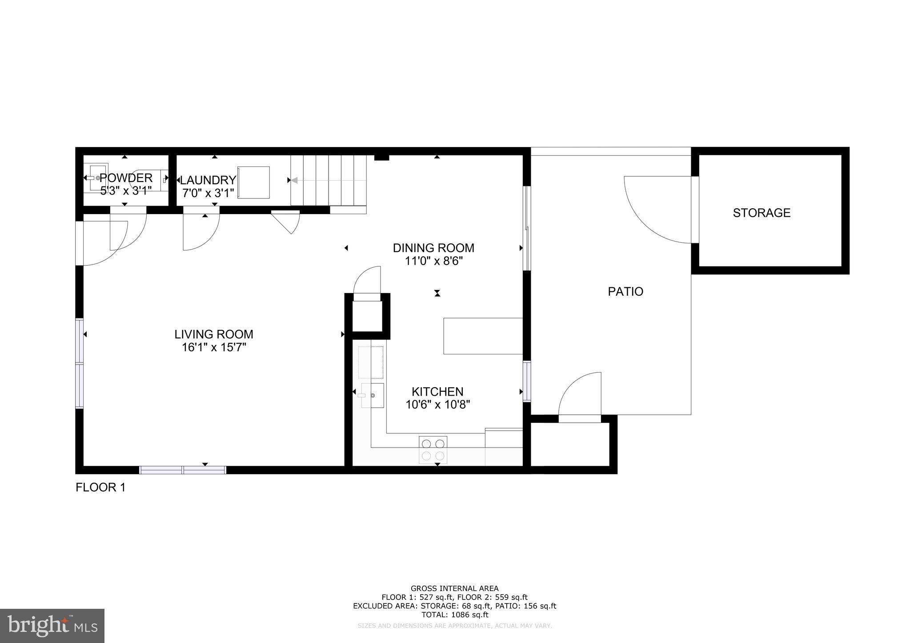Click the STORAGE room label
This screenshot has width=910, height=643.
point(761,213)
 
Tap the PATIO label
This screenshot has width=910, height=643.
point(625,292)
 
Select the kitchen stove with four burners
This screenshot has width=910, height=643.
point(433,449)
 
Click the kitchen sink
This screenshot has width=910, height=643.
point(372,395)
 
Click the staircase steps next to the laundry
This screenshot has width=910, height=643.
point(328,180)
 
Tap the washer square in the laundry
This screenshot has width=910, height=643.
point(253,183)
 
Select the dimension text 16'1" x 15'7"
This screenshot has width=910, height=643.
point(214,347)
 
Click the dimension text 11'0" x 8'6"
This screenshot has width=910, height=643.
point(433,261)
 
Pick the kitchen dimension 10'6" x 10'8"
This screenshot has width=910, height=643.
point(437,405)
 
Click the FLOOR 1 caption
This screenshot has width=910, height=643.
point(100,488)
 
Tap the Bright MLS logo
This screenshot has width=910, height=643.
point(52,626)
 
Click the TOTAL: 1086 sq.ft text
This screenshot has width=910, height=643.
point(454,615)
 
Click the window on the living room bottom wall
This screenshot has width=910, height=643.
point(183,470)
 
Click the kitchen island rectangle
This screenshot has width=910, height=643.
point(483,336)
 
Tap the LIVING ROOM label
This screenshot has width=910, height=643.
point(213,334)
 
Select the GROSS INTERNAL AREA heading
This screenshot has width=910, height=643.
point(454,589)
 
